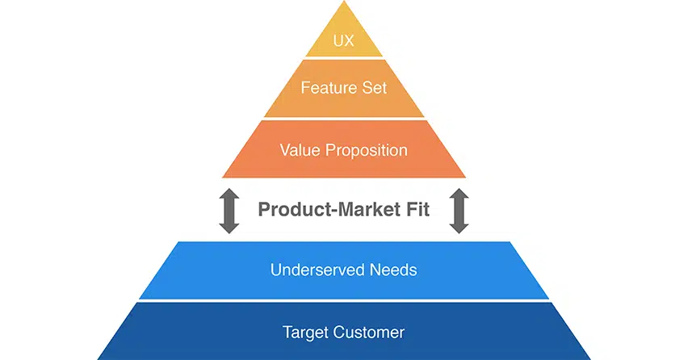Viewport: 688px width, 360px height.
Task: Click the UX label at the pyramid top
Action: [344, 40]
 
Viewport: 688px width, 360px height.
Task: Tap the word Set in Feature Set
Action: [374, 87]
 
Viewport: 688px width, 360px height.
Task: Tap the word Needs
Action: [394, 270]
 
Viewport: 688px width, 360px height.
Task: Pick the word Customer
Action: [368, 332]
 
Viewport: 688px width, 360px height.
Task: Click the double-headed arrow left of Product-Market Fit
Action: [229, 211]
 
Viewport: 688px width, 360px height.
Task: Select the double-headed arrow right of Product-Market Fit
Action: [459, 211]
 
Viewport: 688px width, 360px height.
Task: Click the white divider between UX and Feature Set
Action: [344, 57]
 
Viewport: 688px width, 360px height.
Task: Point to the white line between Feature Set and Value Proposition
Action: [344, 119]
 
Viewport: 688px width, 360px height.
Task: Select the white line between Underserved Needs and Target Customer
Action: [344, 301]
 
